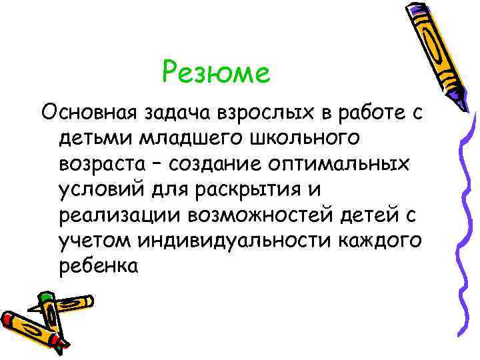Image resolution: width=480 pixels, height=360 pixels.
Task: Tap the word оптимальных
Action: (x=355, y=165)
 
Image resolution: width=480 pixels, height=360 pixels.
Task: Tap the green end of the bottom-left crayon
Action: (x=45, y=298)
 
